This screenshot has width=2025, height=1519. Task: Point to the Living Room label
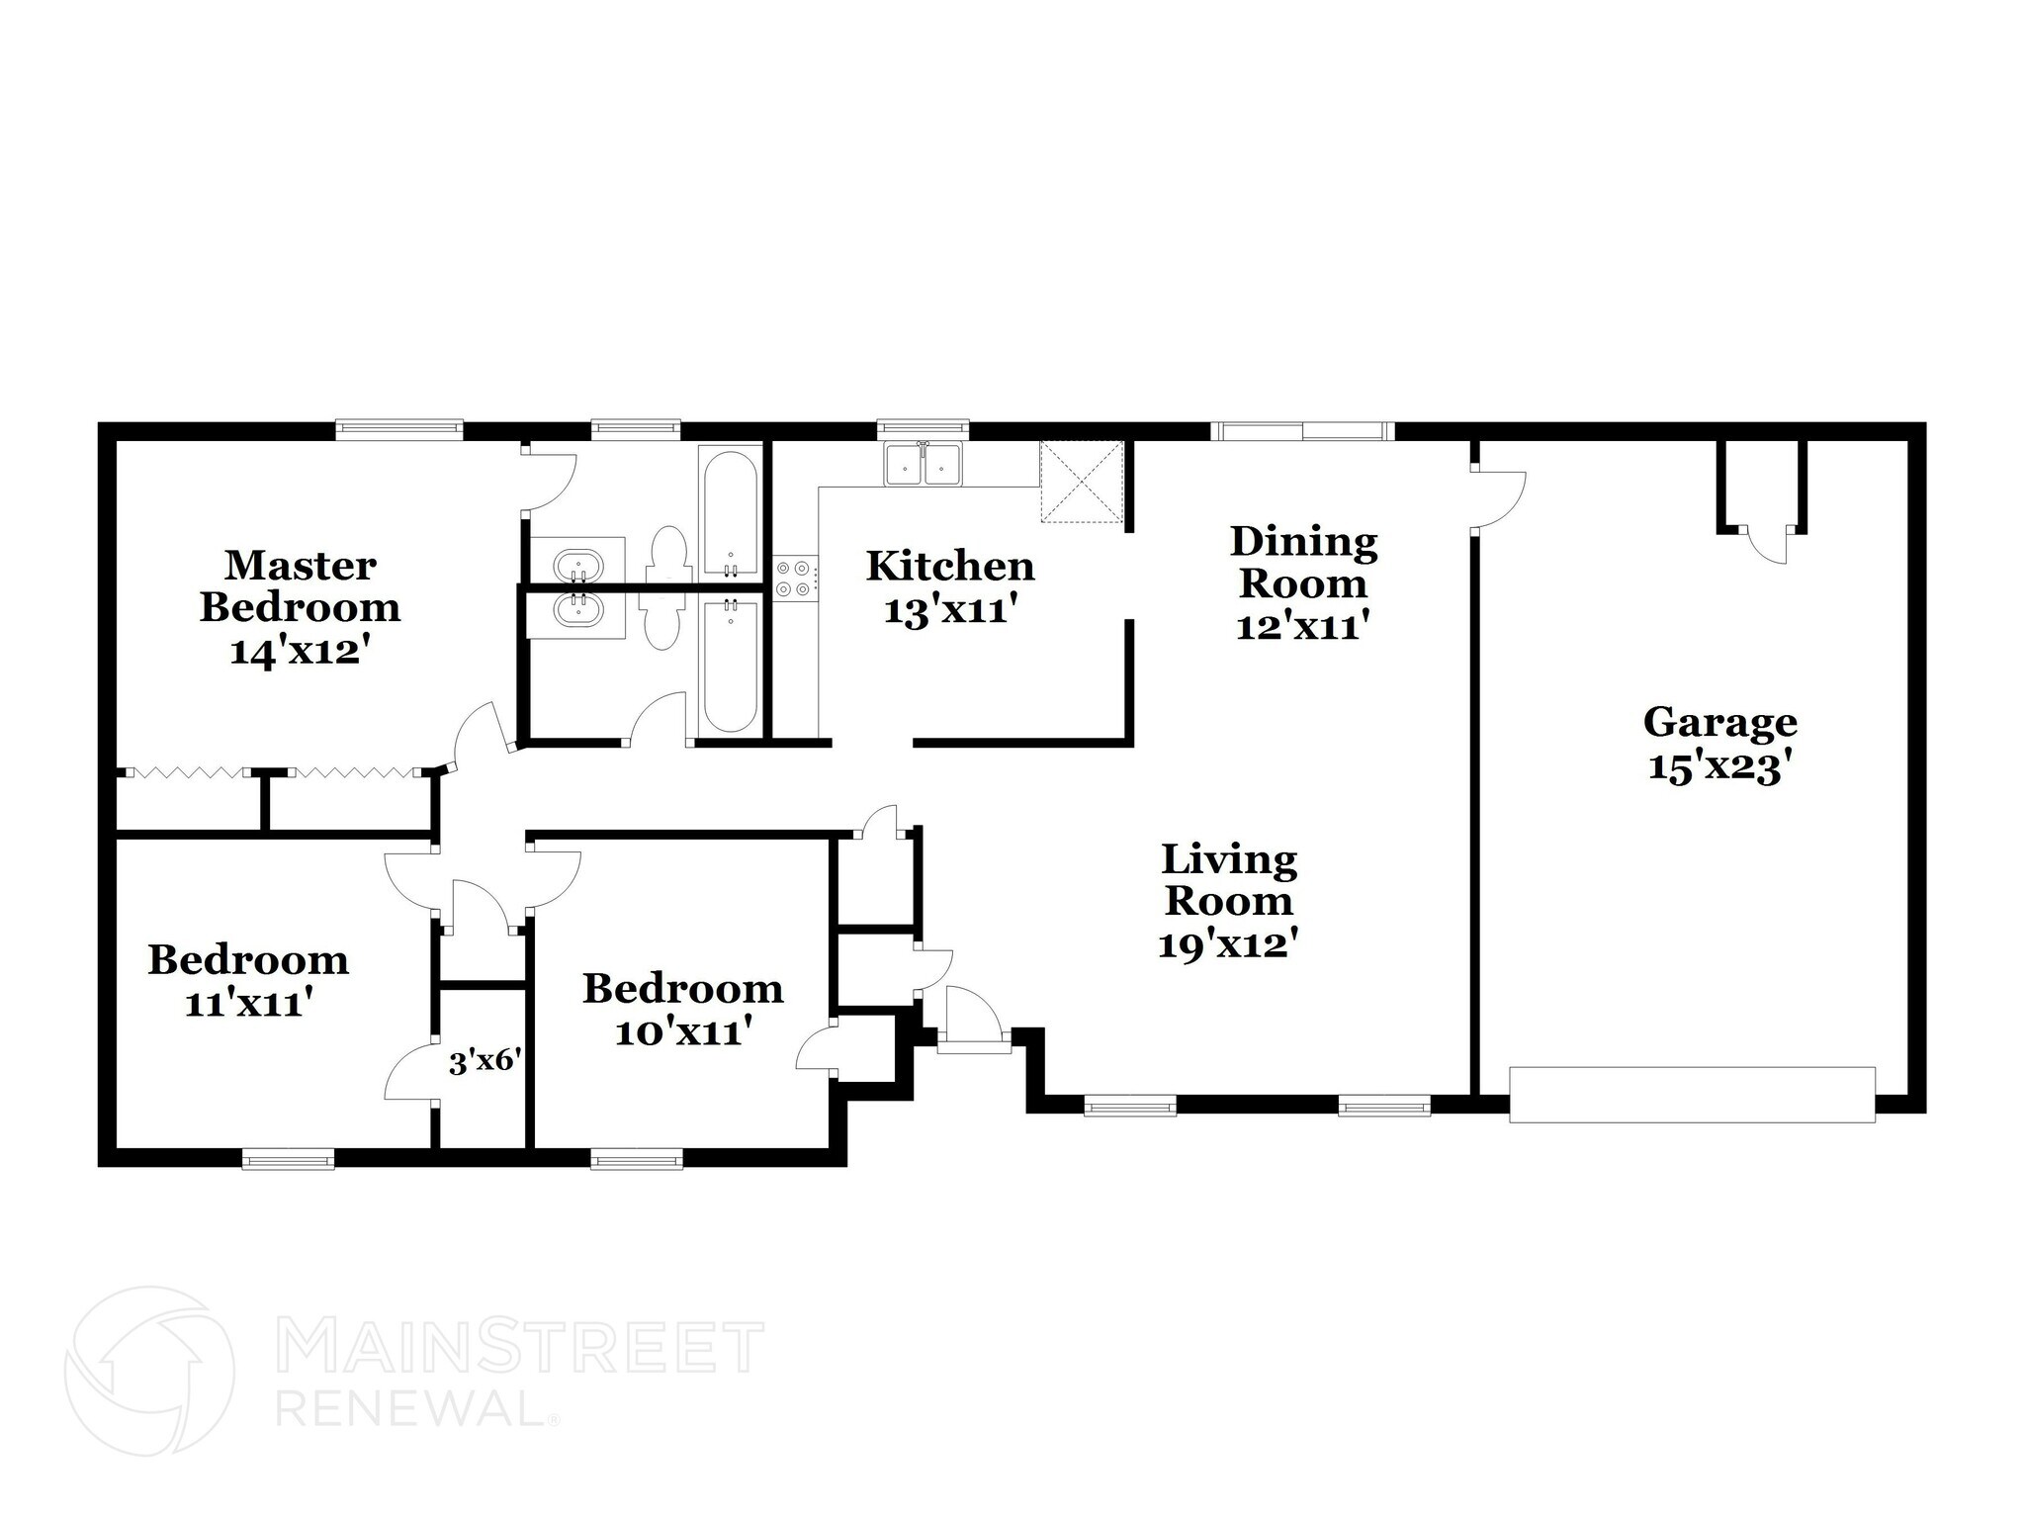point(1229,879)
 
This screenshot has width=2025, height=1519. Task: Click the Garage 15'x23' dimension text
point(1719,767)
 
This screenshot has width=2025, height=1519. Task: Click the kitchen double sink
point(924,464)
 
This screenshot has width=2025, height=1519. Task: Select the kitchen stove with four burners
point(796,580)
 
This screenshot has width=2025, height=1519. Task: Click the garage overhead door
point(1692,1094)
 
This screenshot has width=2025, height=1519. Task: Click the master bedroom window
point(399,428)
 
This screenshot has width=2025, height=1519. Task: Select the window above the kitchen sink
point(924,428)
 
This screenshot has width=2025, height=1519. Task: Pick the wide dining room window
point(1302,430)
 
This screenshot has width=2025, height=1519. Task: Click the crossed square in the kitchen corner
point(1082,481)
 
